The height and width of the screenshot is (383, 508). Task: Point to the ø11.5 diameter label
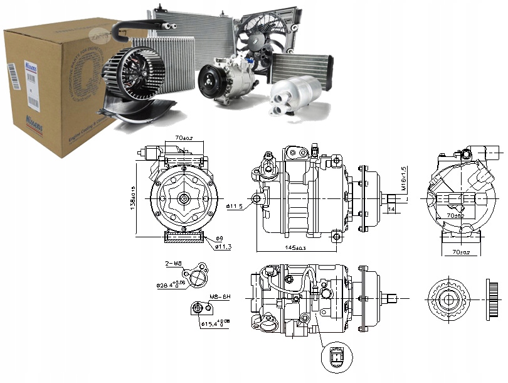tap(235, 205)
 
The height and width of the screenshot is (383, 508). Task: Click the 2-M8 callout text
tap(173, 264)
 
